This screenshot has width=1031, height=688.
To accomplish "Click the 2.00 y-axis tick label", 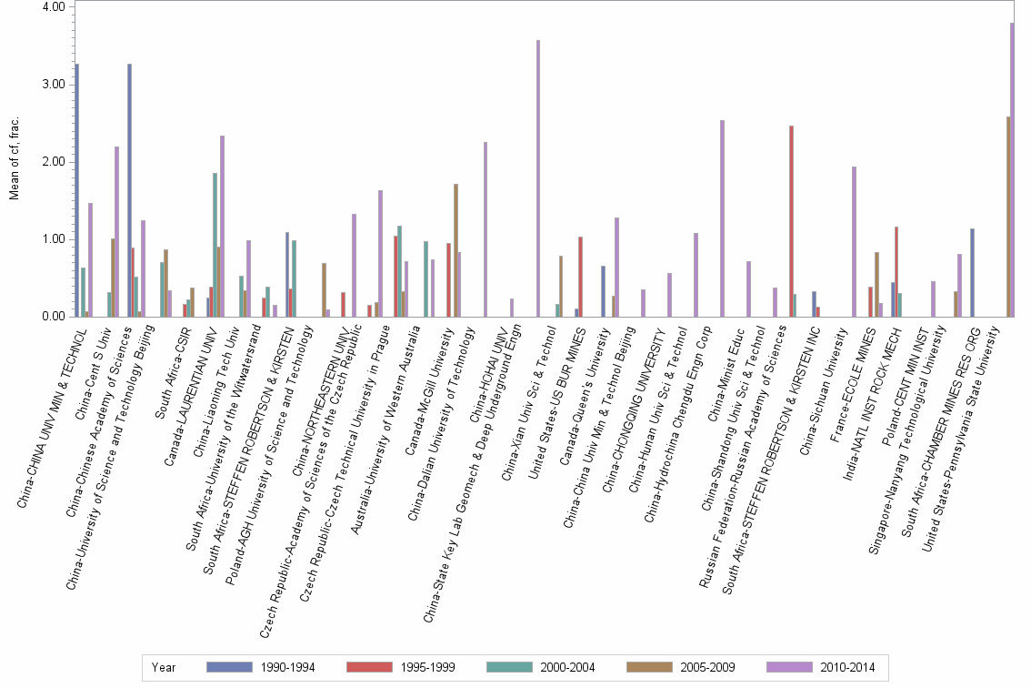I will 54,162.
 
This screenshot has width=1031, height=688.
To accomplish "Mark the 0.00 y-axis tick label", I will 54,317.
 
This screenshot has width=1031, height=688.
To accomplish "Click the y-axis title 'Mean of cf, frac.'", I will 15,162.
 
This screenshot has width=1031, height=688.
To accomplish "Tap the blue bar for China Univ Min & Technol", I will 77,190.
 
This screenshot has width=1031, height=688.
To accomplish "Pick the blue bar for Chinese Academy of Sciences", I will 130,190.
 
